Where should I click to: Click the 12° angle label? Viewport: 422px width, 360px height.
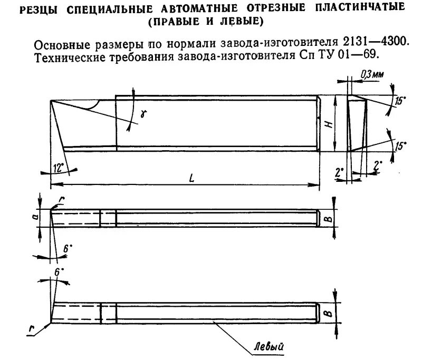pyautogui.click(x=59, y=168)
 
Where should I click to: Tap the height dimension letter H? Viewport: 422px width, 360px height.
pyautogui.click(x=328, y=125)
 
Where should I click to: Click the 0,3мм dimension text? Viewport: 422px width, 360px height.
pyautogui.click(x=372, y=75)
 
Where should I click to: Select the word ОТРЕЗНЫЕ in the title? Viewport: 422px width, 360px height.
pyautogui.click(x=264, y=9)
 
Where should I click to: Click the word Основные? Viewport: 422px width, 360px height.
pyautogui.click(x=61, y=42)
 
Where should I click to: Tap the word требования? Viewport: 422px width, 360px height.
pyautogui.click(x=139, y=55)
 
